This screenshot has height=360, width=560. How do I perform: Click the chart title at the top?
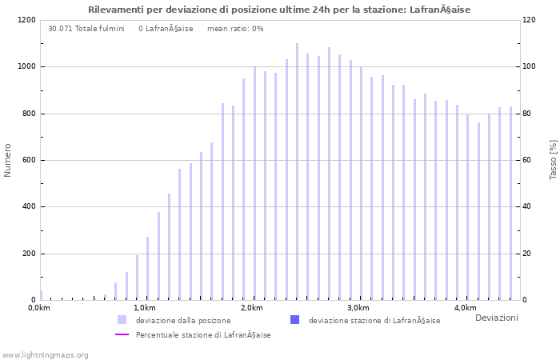(x=279, y=10)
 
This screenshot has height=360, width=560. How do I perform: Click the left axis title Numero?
(x=8, y=160)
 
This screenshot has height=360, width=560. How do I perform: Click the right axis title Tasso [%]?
(x=553, y=159)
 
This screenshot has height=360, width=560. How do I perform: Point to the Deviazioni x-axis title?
(x=496, y=318)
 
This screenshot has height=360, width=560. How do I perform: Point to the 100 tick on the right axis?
(x=530, y=66)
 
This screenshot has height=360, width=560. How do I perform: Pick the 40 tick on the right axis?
(x=528, y=207)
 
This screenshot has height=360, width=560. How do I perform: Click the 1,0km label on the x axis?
(x=144, y=308)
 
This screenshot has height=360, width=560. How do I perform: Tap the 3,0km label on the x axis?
(x=358, y=308)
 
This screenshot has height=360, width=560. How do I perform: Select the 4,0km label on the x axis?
(x=465, y=308)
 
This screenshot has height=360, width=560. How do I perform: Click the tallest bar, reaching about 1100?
(x=297, y=172)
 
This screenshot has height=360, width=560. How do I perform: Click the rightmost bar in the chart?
(x=510, y=203)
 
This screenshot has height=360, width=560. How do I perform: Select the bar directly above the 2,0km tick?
(x=254, y=183)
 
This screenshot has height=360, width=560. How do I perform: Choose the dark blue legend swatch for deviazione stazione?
(x=294, y=320)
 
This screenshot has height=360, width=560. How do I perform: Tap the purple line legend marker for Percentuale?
(x=122, y=334)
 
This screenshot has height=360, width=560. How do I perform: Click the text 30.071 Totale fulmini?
(x=86, y=29)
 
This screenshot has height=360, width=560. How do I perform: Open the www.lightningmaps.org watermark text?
(x=46, y=354)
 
